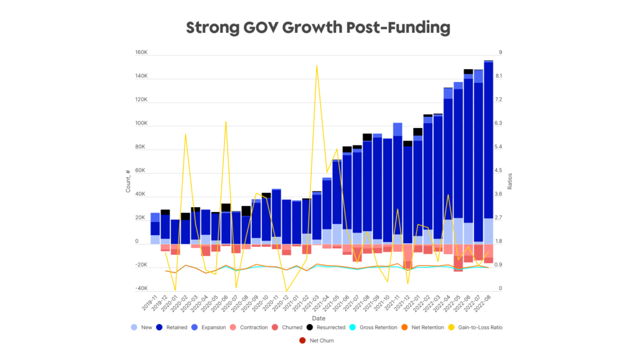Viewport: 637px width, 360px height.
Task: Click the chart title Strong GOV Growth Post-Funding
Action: (x=318, y=27)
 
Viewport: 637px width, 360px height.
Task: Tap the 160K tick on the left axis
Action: (x=141, y=53)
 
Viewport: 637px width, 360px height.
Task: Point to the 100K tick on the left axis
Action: (x=141, y=124)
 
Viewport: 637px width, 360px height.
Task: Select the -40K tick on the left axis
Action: (x=141, y=288)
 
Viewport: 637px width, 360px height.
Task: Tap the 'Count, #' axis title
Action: (x=128, y=180)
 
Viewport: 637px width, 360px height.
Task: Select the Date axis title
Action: (x=318, y=318)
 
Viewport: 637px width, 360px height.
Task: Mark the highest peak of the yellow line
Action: (x=317, y=65)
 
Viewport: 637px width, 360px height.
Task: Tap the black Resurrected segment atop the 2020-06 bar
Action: (x=226, y=208)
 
